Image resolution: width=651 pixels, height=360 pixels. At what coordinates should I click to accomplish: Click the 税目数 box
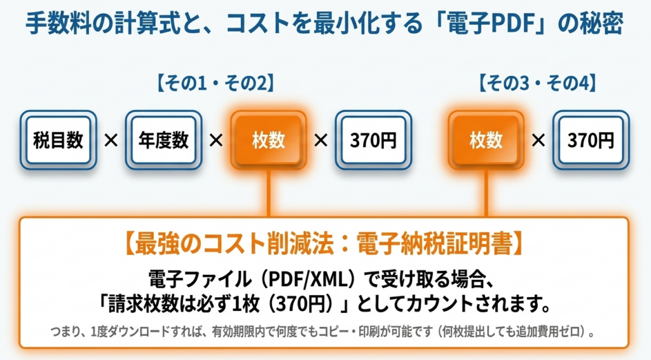pyautogui.click(x=58, y=140)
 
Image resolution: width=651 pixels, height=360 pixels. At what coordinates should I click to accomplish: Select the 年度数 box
pyautogui.click(x=163, y=140)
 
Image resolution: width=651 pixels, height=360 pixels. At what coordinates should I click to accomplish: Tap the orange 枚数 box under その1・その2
pyautogui.click(x=268, y=140)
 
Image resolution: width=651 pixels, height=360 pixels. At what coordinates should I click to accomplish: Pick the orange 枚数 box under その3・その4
pyautogui.click(x=486, y=140)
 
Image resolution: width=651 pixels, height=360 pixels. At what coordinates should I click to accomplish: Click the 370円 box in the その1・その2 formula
pyautogui.click(x=373, y=140)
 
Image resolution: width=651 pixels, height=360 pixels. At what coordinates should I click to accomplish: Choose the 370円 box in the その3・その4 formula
pyautogui.click(x=591, y=140)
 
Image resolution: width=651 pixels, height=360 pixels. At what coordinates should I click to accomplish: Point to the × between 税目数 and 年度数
pyautogui.click(x=111, y=140)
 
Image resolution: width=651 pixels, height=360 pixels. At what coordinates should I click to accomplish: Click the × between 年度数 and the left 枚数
pyautogui.click(x=216, y=140)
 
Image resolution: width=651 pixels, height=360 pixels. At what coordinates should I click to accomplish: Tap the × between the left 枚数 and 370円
pyautogui.click(x=321, y=140)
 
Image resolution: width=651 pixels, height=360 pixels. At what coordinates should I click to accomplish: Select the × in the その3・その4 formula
pyautogui.click(x=538, y=140)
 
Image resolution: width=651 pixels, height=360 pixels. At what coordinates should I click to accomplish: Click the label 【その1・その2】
pyautogui.click(x=215, y=83)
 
